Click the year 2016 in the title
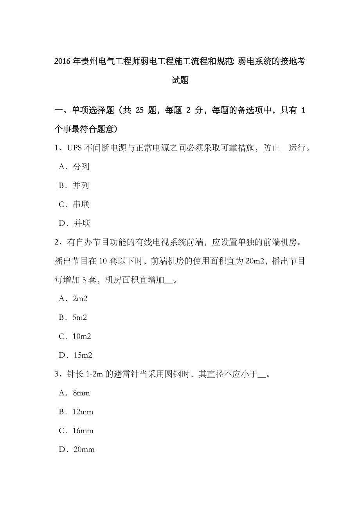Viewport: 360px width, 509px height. [x=62, y=61]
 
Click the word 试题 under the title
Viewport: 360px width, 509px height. [x=180, y=81]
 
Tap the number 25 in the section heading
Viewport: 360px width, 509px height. [x=140, y=111]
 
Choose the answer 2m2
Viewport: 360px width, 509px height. [x=80, y=299]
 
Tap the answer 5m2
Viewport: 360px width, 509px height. [x=79, y=317]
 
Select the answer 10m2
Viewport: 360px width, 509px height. [x=82, y=336]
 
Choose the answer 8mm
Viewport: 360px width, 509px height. [x=81, y=393]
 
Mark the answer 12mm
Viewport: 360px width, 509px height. [x=83, y=412]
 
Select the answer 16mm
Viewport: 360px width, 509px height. [x=83, y=431]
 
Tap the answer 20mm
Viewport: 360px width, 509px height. [x=84, y=450]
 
